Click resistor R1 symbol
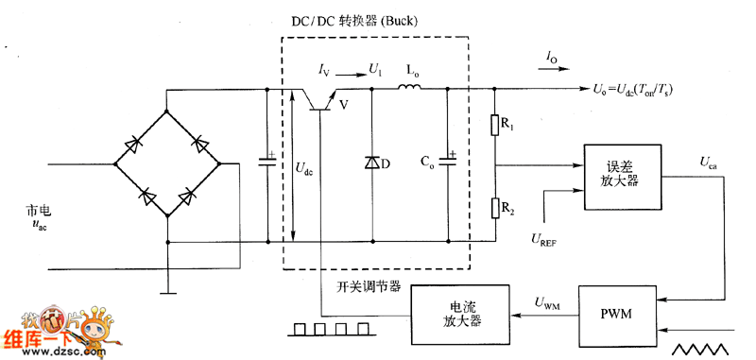(494, 126)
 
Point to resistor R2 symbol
(494, 208)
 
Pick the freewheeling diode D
(370, 163)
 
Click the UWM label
(547, 303)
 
